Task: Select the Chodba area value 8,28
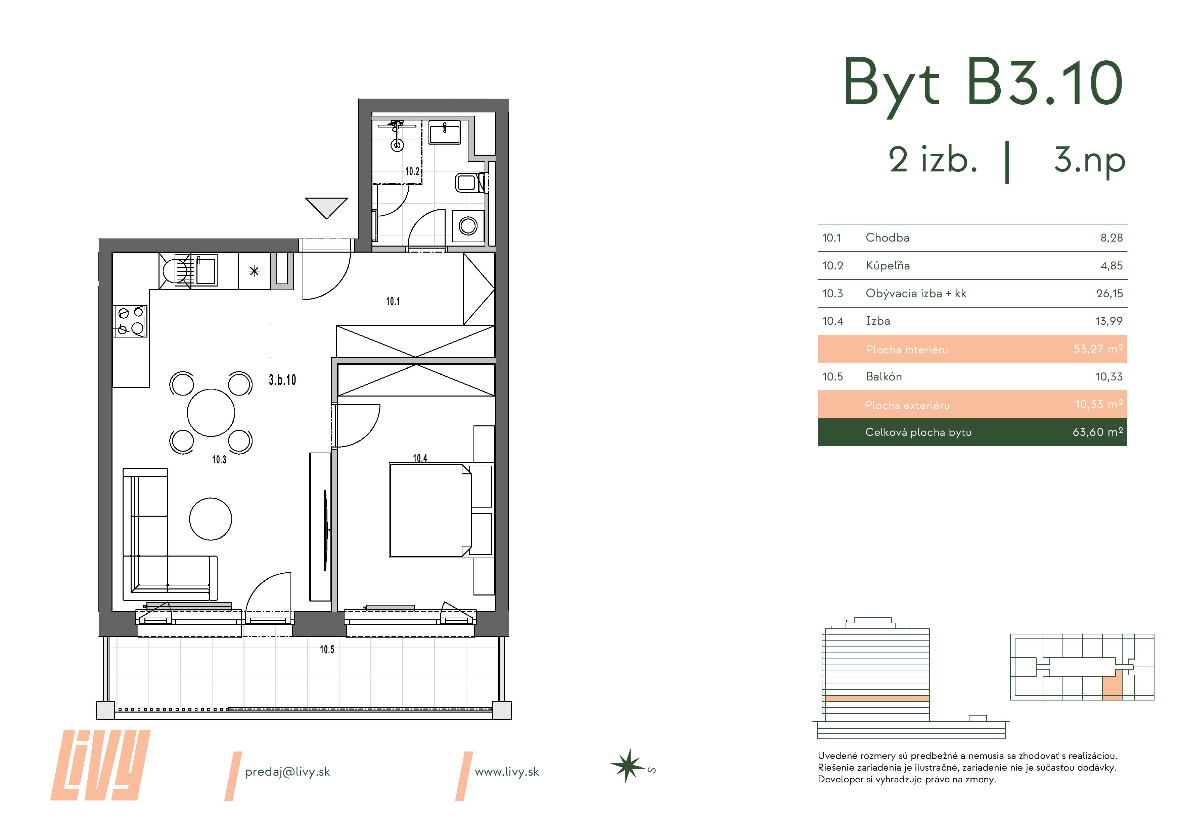point(1111,238)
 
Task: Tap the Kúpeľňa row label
point(888,266)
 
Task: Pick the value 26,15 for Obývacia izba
point(1109,294)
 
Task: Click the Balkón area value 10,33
point(1109,377)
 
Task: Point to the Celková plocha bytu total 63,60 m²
point(1097,432)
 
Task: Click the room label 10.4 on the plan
point(420,458)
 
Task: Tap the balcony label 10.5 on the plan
point(327,649)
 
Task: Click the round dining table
point(211,413)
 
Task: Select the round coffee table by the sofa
point(210,519)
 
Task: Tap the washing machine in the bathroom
point(468,225)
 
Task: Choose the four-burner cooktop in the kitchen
point(130,321)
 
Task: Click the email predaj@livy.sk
point(287,772)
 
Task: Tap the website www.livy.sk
point(507,772)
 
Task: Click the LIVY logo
point(100,765)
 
